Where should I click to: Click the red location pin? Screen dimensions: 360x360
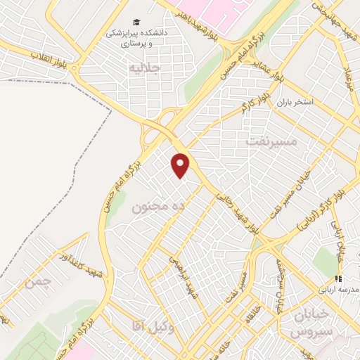[x=181, y=165]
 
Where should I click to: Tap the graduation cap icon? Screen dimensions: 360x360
[x=134, y=22]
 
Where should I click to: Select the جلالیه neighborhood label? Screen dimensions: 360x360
[x=146, y=67]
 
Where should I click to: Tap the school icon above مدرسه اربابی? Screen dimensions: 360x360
[x=338, y=279]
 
